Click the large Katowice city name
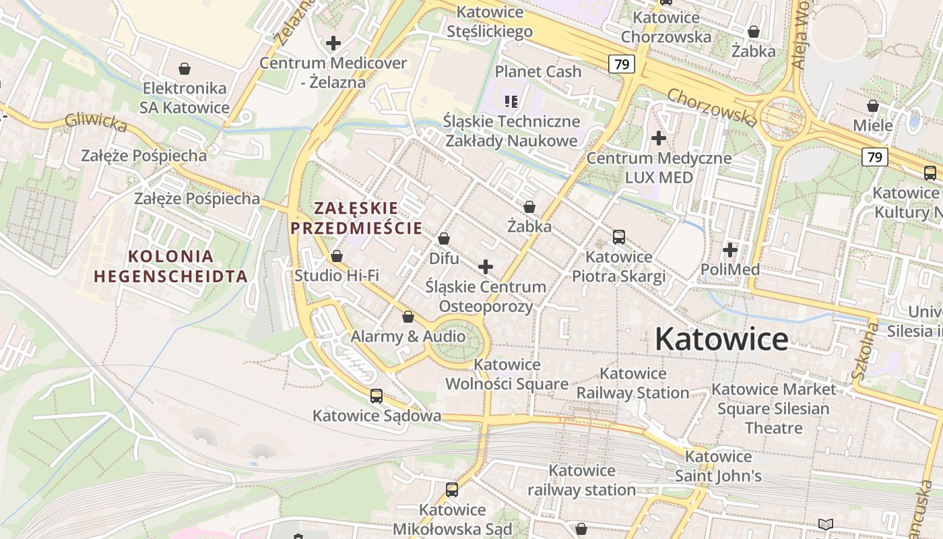(721, 339)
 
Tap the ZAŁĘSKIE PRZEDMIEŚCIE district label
(356, 218)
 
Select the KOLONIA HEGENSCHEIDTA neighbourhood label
(170, 266)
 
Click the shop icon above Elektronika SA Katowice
(185, 69)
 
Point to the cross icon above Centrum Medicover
(333, 44)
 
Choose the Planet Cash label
(538, 71)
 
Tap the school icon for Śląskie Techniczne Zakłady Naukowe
(511, 102)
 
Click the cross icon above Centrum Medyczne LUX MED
(659, 139)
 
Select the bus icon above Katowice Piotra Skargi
(618, 237)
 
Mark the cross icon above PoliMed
(730, 251)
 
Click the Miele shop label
(872, 125)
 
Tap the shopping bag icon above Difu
(444, 239)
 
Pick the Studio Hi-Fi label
(337, 276)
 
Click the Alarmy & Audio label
(408, 336)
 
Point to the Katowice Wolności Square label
(507, 374)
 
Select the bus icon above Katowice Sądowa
(377, 396)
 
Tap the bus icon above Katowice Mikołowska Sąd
(452, 490)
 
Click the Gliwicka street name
(96, 122)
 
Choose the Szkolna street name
(866, 351)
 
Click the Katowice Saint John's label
(718, 466)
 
